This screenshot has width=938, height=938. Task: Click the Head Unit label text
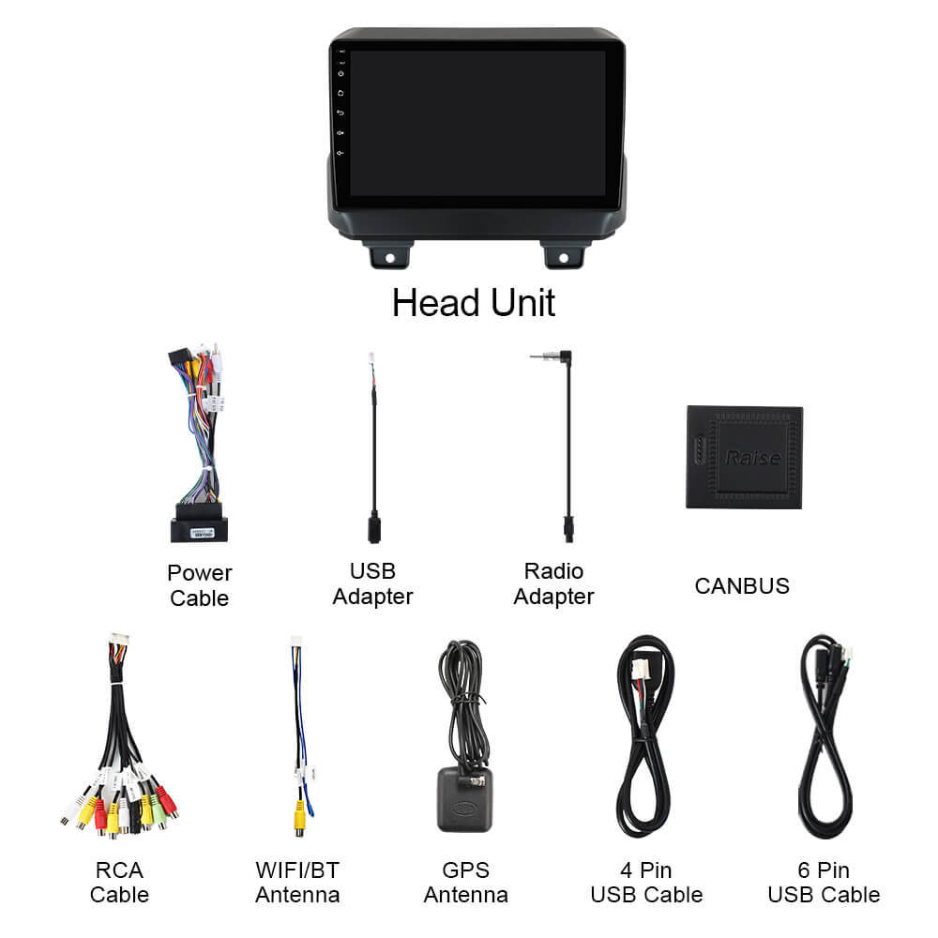(x=473, y=303)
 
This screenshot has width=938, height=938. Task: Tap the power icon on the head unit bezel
(x=341, y=73)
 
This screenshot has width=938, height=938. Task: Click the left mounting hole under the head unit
(x=390, y=258)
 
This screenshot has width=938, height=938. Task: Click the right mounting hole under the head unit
(x=563, y=258)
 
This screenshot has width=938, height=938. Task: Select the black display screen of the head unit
(x=477, y=123)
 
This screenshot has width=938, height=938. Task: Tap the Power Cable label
(x=199, y=585)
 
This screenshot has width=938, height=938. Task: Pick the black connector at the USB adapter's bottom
(x=374, y=527)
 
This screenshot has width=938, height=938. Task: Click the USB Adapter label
(x=372, y=583)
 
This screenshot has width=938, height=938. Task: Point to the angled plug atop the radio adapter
(x=559, y=357)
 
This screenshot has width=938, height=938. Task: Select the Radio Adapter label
(x=554, y=583)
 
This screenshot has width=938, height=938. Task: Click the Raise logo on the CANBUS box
(x=752, y=458)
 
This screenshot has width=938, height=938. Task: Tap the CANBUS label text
(x=742, y=585)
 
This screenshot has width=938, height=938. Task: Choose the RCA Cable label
(x=119, y=883)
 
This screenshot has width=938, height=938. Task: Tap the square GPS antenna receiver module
(x=465, y=800)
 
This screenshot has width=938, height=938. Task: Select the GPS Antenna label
(x=466, y=883)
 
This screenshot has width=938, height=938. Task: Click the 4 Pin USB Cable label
(x=646, y=883)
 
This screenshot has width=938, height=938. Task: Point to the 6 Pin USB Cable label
(x=824, y=883)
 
